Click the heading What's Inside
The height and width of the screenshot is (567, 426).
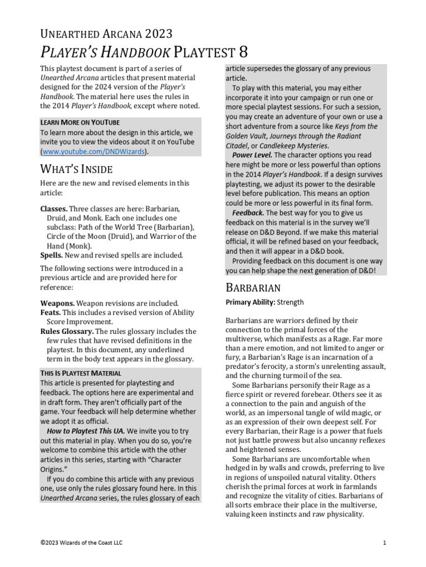tap(76, 169)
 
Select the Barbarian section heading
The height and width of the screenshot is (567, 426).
tap(253, 287)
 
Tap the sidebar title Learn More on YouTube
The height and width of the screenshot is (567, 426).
tap(80, 122)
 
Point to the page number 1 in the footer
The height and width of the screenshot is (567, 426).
tap(384, 543)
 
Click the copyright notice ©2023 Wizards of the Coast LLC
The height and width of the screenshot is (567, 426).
tap(81, 543)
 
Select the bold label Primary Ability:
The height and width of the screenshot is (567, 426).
tap(250, 302)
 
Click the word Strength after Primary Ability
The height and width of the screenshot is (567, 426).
tap(290, 302)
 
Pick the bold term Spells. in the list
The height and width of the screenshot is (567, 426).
tap(52, 255)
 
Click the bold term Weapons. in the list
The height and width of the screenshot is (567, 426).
tap(57, 303)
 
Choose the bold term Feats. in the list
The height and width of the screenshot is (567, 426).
tap(50, 312)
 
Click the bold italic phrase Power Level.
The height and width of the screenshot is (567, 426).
tap(252, 155)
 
